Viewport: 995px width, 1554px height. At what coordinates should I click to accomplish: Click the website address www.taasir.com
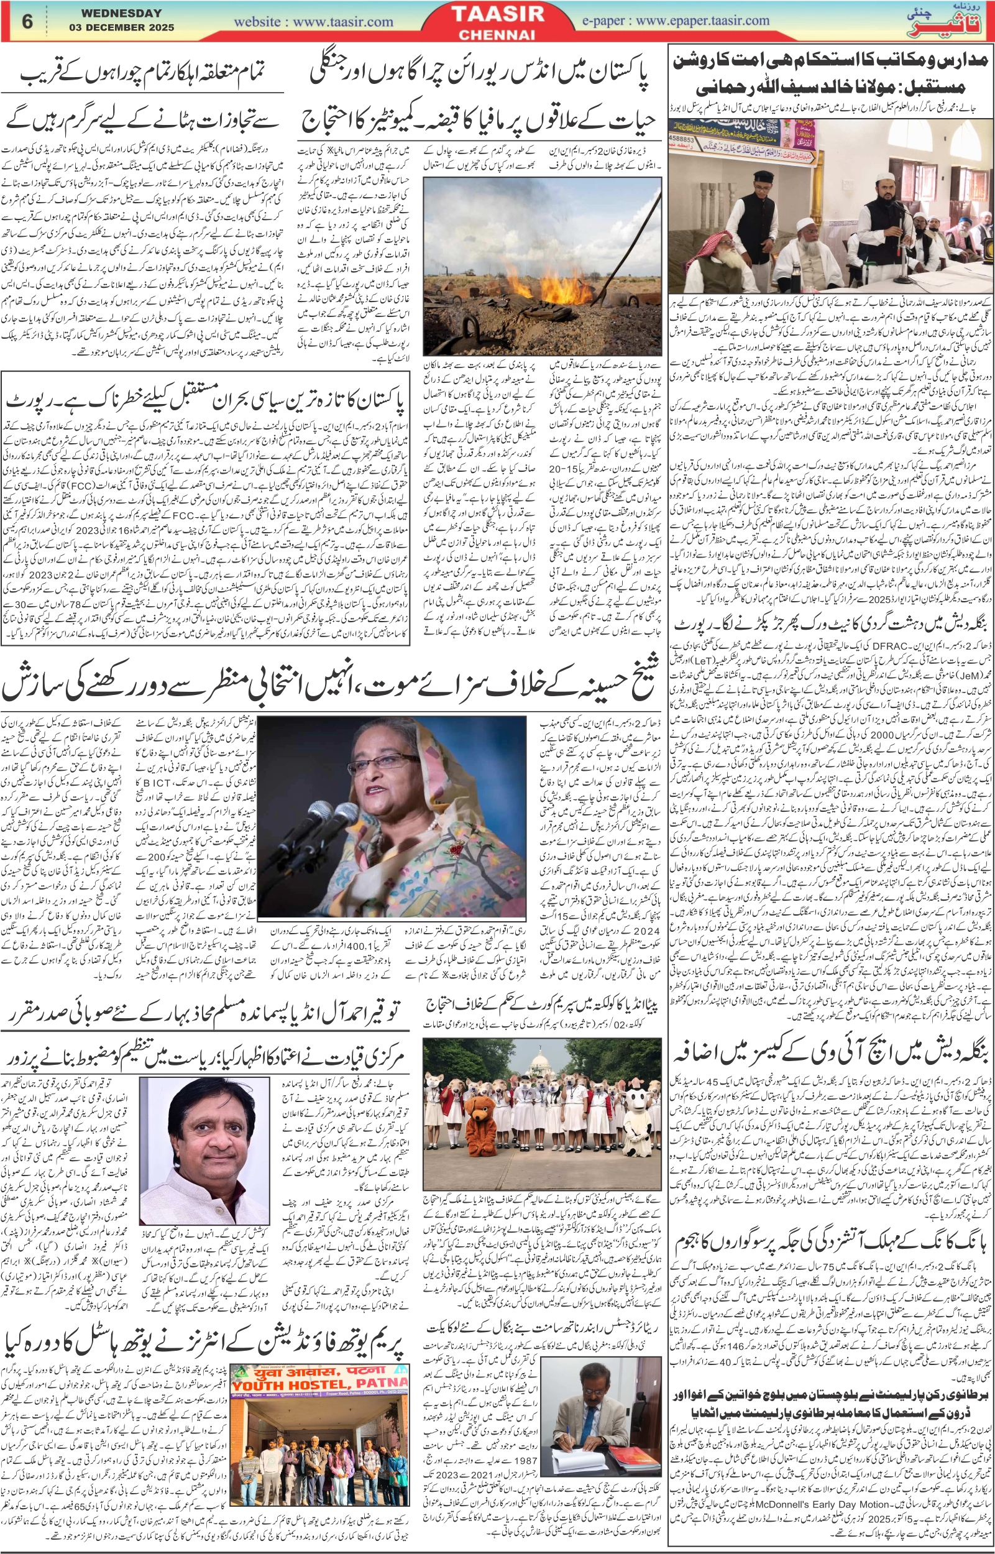coord(313,21)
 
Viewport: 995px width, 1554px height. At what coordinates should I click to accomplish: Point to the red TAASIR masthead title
coord(497,15)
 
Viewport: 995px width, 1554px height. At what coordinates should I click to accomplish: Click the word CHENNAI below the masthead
coord(497,35)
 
